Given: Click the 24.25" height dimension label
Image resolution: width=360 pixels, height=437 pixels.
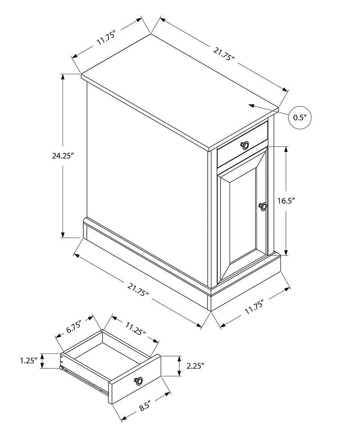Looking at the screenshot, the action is coord(63,156).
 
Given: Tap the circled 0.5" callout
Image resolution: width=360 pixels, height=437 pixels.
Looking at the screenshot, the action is coord(300,117).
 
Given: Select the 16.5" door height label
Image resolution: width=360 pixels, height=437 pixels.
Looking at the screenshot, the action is coord(287,201).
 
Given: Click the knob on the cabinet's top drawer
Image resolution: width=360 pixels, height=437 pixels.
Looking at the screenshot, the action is coord(245,145).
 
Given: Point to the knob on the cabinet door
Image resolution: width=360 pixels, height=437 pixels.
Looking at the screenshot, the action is coord(263,206).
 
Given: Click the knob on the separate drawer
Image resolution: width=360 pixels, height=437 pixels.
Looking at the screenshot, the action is coord(139,381).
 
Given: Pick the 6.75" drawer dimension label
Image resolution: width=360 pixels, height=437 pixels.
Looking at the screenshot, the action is coord(73,327).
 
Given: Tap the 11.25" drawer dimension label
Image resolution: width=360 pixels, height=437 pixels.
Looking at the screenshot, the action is coord(136,329).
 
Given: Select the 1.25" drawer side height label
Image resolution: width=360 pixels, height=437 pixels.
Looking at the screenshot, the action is coord(28,360).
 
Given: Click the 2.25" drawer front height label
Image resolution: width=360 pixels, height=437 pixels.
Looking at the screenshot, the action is coord(195,365).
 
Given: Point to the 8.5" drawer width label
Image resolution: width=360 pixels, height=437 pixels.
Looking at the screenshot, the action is coord(146,405).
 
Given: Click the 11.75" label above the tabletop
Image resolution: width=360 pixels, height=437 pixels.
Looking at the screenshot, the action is coord(106,38).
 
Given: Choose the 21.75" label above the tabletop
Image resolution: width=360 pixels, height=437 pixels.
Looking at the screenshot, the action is coord(224,54).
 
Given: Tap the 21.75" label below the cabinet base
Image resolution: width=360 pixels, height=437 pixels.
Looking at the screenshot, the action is coord(138,289).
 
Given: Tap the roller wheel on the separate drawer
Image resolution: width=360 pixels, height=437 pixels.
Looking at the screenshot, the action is coord(61,368).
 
